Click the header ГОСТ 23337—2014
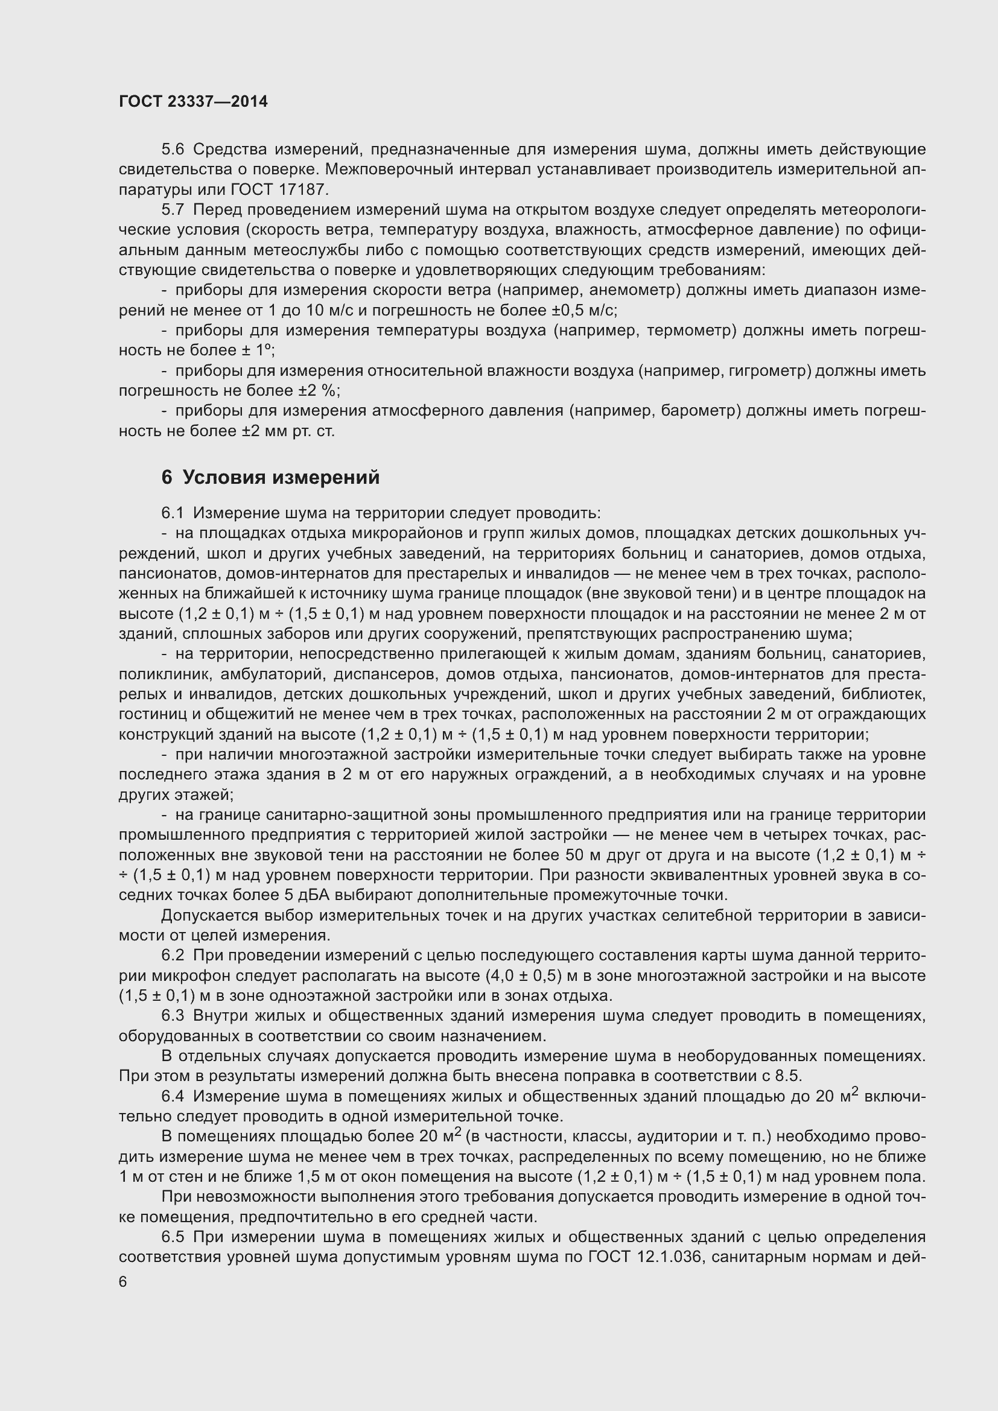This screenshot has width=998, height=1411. pos(193,101)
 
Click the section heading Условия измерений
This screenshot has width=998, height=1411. pos(281,477)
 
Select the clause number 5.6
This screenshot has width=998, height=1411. pos(173,150)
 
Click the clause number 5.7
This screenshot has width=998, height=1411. pos(173,209)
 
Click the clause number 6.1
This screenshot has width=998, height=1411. pos(173,513)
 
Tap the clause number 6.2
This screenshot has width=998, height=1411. pos(173,955)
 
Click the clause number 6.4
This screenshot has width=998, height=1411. pos(173,1096)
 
